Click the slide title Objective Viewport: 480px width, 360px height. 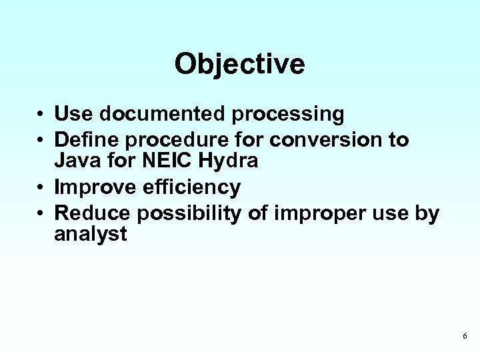tap(239, 65)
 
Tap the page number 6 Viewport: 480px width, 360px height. tap(465, 336)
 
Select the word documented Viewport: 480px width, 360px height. tap(163, 115)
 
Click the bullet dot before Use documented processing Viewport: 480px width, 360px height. tap(41, 115)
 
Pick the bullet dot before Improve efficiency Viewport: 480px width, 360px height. tap(41, 189)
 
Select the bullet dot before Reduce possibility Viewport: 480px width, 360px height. tap(41, 213)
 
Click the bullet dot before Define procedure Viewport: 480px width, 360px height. tap(41, 140)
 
